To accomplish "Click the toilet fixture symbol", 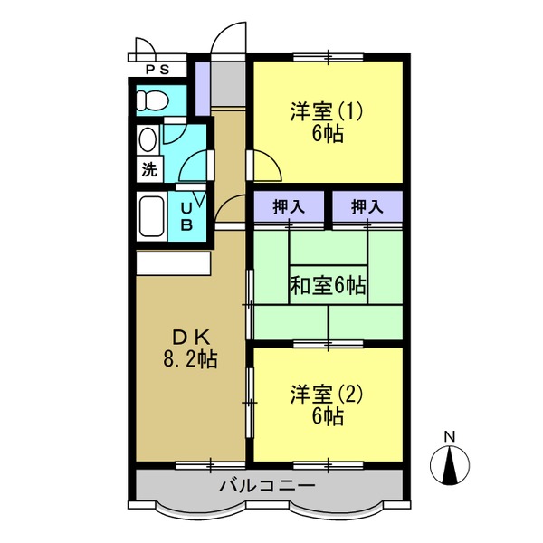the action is pyautogui.click(x=152, y=100).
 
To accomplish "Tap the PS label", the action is pyautogui.click(x=157, y=70).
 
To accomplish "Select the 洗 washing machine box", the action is pyautogui.click(x=149, y=169).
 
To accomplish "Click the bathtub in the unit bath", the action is pyautogui.click(x=152, y=216).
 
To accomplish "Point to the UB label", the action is pyautogui.click(x=187, y=217).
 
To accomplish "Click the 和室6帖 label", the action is pyautogui.click(x=328, y=286).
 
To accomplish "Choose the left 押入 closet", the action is pyautogui.click(x=289, y=206).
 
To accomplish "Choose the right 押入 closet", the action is pyautogui.click(x=367, y=206).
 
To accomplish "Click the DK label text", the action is pyautogui.click(x=191, y=338).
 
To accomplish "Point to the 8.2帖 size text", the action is pyautogui.click(x=190, y=360).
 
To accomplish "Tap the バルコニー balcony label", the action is pyautogui.click(x=268, y=486).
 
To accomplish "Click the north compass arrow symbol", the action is pyautogui.click(x=450, y=465).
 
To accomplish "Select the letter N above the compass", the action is pyautogui.click(x=450, y=436).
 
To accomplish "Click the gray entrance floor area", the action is pyautogui.click(x=228, y=84).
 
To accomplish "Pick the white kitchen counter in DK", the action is pyautogui.click(x=173, y=263).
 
